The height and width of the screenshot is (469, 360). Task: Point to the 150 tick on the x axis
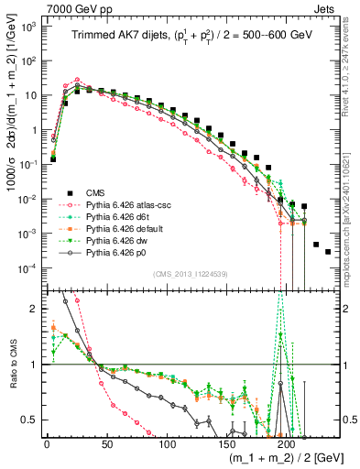point(227,442)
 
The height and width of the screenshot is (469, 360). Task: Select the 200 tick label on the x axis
point(287,442)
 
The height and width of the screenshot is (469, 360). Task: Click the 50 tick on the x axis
point(106,442)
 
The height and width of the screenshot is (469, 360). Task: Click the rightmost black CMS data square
point(328,252)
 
